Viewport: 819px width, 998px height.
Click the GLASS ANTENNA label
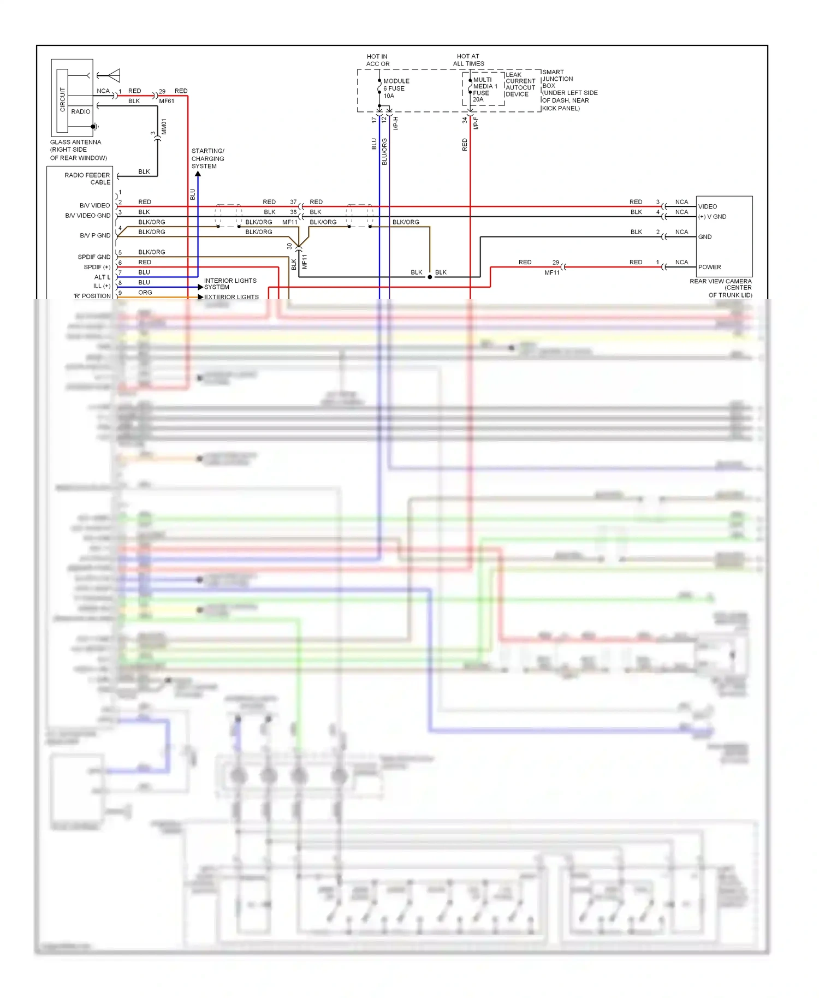pyautogui.click(x=76, y=142)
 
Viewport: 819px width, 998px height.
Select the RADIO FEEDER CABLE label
pyautogui.click(x=87, y=179)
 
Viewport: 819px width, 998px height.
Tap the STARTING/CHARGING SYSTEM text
pyautogui.click(x=207, y=158)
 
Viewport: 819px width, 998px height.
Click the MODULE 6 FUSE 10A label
pyautogui.click(x=396, y=88)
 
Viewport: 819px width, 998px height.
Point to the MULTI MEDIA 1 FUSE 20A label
pyautogui.click(x=484, y=90)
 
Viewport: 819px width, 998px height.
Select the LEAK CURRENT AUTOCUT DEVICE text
pyautogui.click(x=520, y=85)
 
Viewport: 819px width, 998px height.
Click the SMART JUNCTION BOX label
pyautogui.click(x=557, y=79)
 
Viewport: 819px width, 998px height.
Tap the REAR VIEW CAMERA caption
pyautogui.click(x=721, y=288)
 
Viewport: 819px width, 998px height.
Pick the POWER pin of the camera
pyautogui.click(x=709, y=267)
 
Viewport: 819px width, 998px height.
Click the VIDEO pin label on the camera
pyautogui.click(x=708, y=206)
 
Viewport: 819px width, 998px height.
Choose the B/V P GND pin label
pyautogui.click(x=95, y=236)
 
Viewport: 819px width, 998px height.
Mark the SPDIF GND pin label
pyautogui.click(x=94, y=257)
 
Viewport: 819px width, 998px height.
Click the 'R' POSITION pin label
pyautogui.click(x=92, y=296)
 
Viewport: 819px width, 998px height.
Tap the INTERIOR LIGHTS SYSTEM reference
pyautogui.click(x=230, y=284)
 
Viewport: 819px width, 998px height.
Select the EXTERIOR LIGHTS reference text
pyautogui.click(x=232, y=297)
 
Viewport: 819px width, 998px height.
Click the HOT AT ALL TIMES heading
pyautogui.click(x=468, y=60)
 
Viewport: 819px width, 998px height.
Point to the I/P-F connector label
pyautogui.click(x=476, y=123)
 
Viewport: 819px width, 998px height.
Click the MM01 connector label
pyautogui.click(x=164, y=127)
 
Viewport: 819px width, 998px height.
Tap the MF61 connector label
pyautogui.click(x=167, y=101)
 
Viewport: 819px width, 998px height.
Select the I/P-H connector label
pyautogui.click(x=396, y=123)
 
